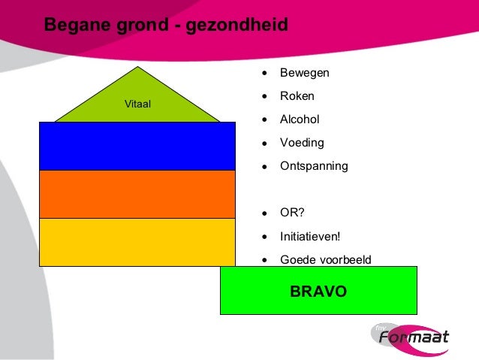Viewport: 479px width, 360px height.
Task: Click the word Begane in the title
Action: [72, 25]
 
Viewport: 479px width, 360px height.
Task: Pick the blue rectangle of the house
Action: [137, 146]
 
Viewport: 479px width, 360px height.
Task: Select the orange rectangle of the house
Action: [137, 194]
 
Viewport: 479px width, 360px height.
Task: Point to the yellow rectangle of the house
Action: [137, 242]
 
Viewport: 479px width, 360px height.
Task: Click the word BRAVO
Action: [318, 291]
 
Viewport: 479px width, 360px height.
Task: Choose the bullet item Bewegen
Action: [304, 74]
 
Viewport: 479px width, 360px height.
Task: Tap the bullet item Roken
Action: [297, 96]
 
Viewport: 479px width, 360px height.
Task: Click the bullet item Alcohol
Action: [300, 119]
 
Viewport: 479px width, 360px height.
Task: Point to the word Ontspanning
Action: [314, 165]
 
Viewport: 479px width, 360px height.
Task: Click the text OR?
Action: [292, 213]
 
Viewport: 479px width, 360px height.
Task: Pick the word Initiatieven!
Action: [310, 236]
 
